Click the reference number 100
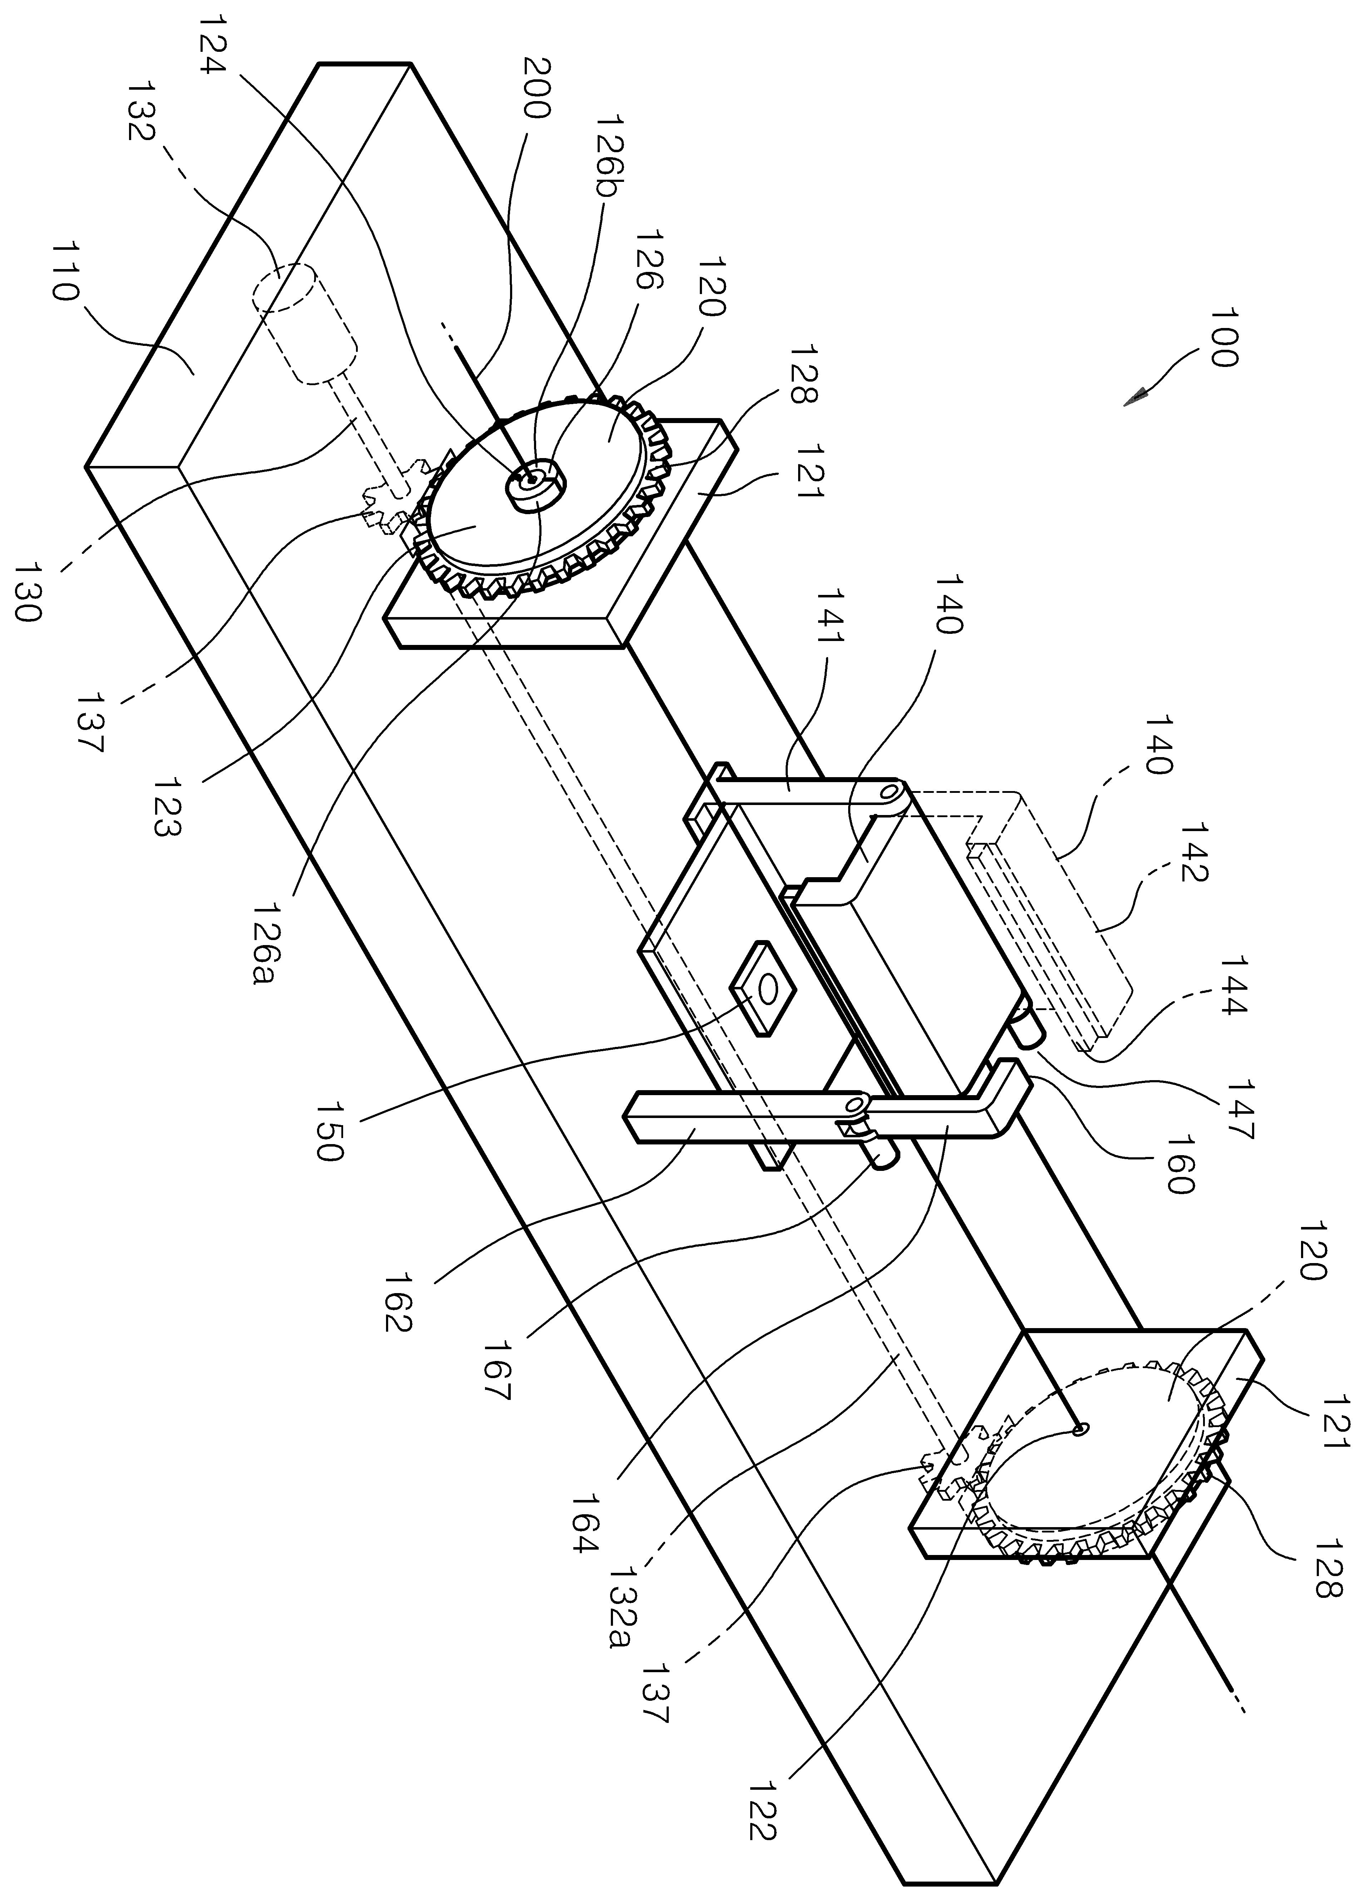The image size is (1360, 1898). click(1222, 337)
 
